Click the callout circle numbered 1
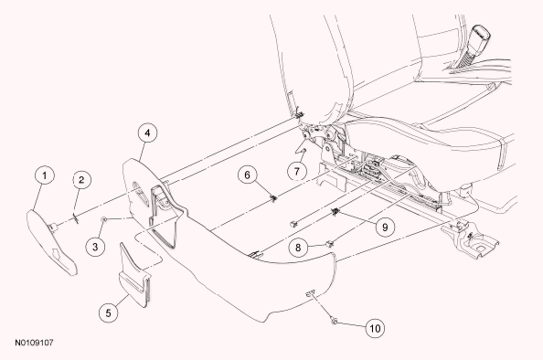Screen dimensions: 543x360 [x=45, y=175]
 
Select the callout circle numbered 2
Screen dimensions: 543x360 [x=81, y=180]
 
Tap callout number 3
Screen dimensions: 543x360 [x=95, y=247]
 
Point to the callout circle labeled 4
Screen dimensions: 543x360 [x=147, y=132]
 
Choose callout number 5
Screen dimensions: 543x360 [x=109, y=312]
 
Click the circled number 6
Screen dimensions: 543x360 [x=247, y=175]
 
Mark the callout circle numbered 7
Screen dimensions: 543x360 [x=297, y=171]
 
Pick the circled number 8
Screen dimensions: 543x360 [x=298, y=248]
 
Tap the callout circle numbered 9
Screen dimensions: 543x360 [x=385, y=228]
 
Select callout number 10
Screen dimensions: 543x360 [x=375, y=328]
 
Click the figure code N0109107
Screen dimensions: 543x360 [x=34, y=343]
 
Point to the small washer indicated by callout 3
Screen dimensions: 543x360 [x=103, y=219]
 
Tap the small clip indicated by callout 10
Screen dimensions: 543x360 [x=334, y=321]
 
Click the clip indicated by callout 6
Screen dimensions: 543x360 [x=273, y=198]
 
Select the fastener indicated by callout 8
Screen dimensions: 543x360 [x=329, y=244]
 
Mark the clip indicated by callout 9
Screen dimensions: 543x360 [x=335, y=211]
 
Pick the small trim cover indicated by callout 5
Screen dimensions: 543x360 [x=135, y=275]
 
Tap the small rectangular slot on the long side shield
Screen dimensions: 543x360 [x=310, y=293]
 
